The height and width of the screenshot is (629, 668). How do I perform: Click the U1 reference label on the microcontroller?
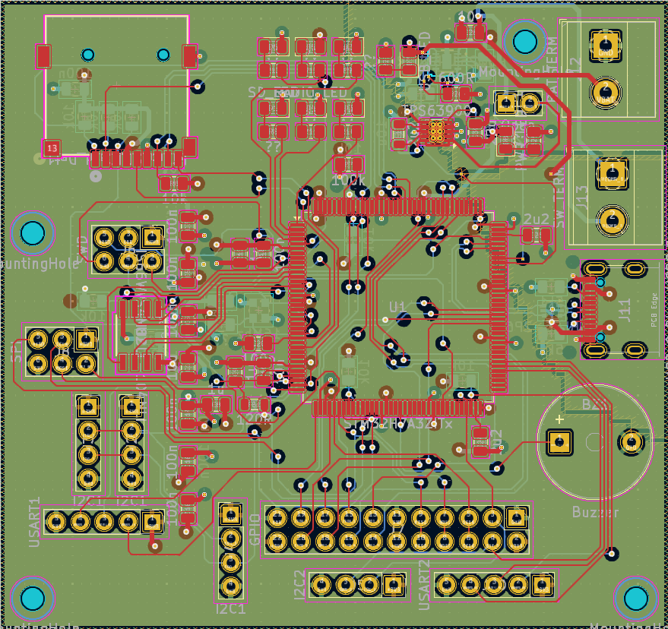[397, 305]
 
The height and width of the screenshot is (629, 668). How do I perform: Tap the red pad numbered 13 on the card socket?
[52, 147]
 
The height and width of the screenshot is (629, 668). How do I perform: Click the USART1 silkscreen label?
[34, 522]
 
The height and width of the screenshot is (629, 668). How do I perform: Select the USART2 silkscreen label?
[425, 584]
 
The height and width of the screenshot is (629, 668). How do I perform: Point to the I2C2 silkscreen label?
[299, 584]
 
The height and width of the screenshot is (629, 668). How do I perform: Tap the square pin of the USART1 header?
[153, 522]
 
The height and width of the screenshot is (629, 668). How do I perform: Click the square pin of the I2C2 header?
[393, 585]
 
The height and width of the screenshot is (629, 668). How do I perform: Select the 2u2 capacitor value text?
[536, 219]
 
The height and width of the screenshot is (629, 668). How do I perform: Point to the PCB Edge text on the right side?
[654, 309]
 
